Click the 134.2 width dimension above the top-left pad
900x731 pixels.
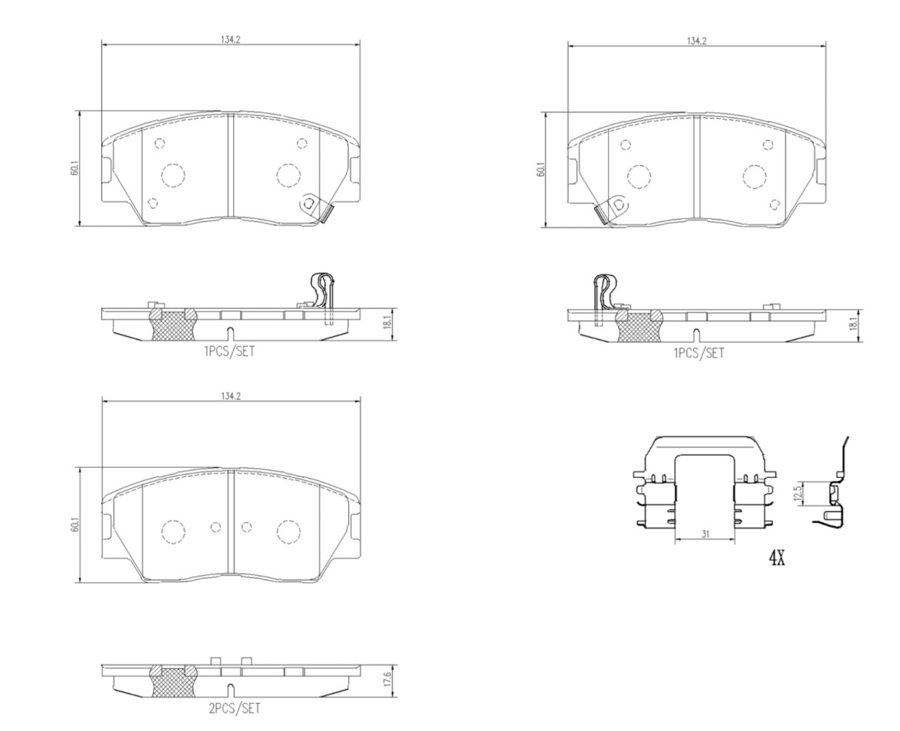tap(230, 40)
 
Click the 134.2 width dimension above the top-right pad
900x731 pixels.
tap(696, 41)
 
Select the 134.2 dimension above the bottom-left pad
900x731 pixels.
tap(230, 396)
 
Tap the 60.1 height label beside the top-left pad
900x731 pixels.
tap(75, 169)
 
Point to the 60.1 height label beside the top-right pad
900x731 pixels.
tap(540, 170)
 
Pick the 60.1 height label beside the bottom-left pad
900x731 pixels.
tap(75, 526)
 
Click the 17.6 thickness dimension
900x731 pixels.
tap(389, 681)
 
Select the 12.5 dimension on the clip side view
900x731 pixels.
tap(797, 493)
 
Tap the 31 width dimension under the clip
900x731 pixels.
tap(705, 534)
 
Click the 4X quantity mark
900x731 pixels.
tap(776, 559)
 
